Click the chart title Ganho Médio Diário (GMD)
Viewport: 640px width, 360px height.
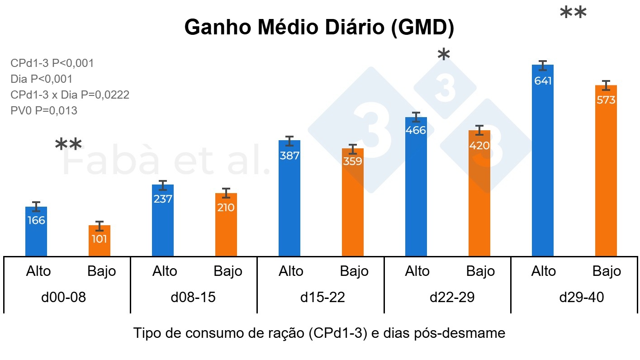point(319,28)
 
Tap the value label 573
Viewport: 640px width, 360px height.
point(606,100)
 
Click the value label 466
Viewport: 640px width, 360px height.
point(416,131)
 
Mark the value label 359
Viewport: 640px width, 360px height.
point(353,161)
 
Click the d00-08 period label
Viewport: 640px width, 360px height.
point(66,298)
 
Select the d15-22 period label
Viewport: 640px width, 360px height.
point(322,298)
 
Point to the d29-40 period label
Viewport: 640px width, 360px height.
point(581,298)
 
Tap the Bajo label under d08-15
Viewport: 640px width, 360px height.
point(228,271)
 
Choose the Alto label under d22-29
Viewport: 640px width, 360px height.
point(417,271)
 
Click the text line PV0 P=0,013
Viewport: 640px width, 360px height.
point(44,110)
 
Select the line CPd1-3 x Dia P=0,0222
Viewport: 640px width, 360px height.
point(70,95)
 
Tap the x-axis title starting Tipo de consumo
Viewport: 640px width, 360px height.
point(319,334)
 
